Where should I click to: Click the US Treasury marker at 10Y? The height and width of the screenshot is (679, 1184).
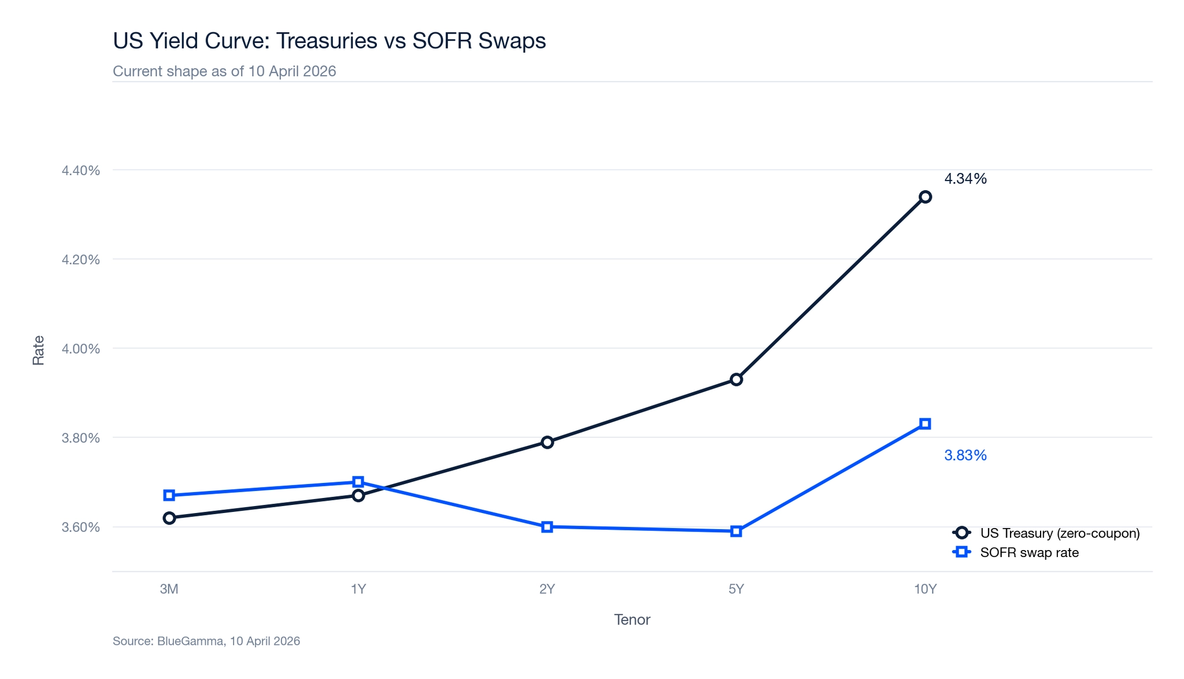point(925,197)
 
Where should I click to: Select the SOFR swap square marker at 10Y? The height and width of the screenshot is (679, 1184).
point(925,424)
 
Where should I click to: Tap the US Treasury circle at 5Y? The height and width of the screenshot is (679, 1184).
point(736,380)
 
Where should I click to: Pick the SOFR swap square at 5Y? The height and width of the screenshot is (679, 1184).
point(736,532)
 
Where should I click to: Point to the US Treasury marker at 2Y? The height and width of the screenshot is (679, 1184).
point(547,442)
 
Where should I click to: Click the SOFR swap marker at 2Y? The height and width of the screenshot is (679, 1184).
point(547,527)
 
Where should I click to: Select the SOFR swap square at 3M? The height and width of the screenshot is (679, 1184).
point(169,496)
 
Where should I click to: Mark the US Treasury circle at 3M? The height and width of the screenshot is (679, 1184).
point(169,518)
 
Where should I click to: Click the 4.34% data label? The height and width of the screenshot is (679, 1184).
point(965,179)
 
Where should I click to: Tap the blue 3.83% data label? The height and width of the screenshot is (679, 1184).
point(965,456)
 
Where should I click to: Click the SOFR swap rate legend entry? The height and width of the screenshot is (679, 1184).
point(1029,553)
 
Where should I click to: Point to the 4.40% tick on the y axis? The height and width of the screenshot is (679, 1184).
point(80,171)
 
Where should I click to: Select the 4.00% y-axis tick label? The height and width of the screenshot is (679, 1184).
point(80,349)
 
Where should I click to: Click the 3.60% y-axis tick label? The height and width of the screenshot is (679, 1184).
point(80,527)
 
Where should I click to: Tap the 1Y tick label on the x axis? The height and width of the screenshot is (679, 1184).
point(358,589)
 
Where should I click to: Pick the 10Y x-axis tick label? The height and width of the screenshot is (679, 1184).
point(925,589)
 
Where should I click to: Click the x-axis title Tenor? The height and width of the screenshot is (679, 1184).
point(632,620)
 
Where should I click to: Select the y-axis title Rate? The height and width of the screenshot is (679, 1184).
point(38,350)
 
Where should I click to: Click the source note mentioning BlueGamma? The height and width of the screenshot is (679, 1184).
point(206,641)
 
